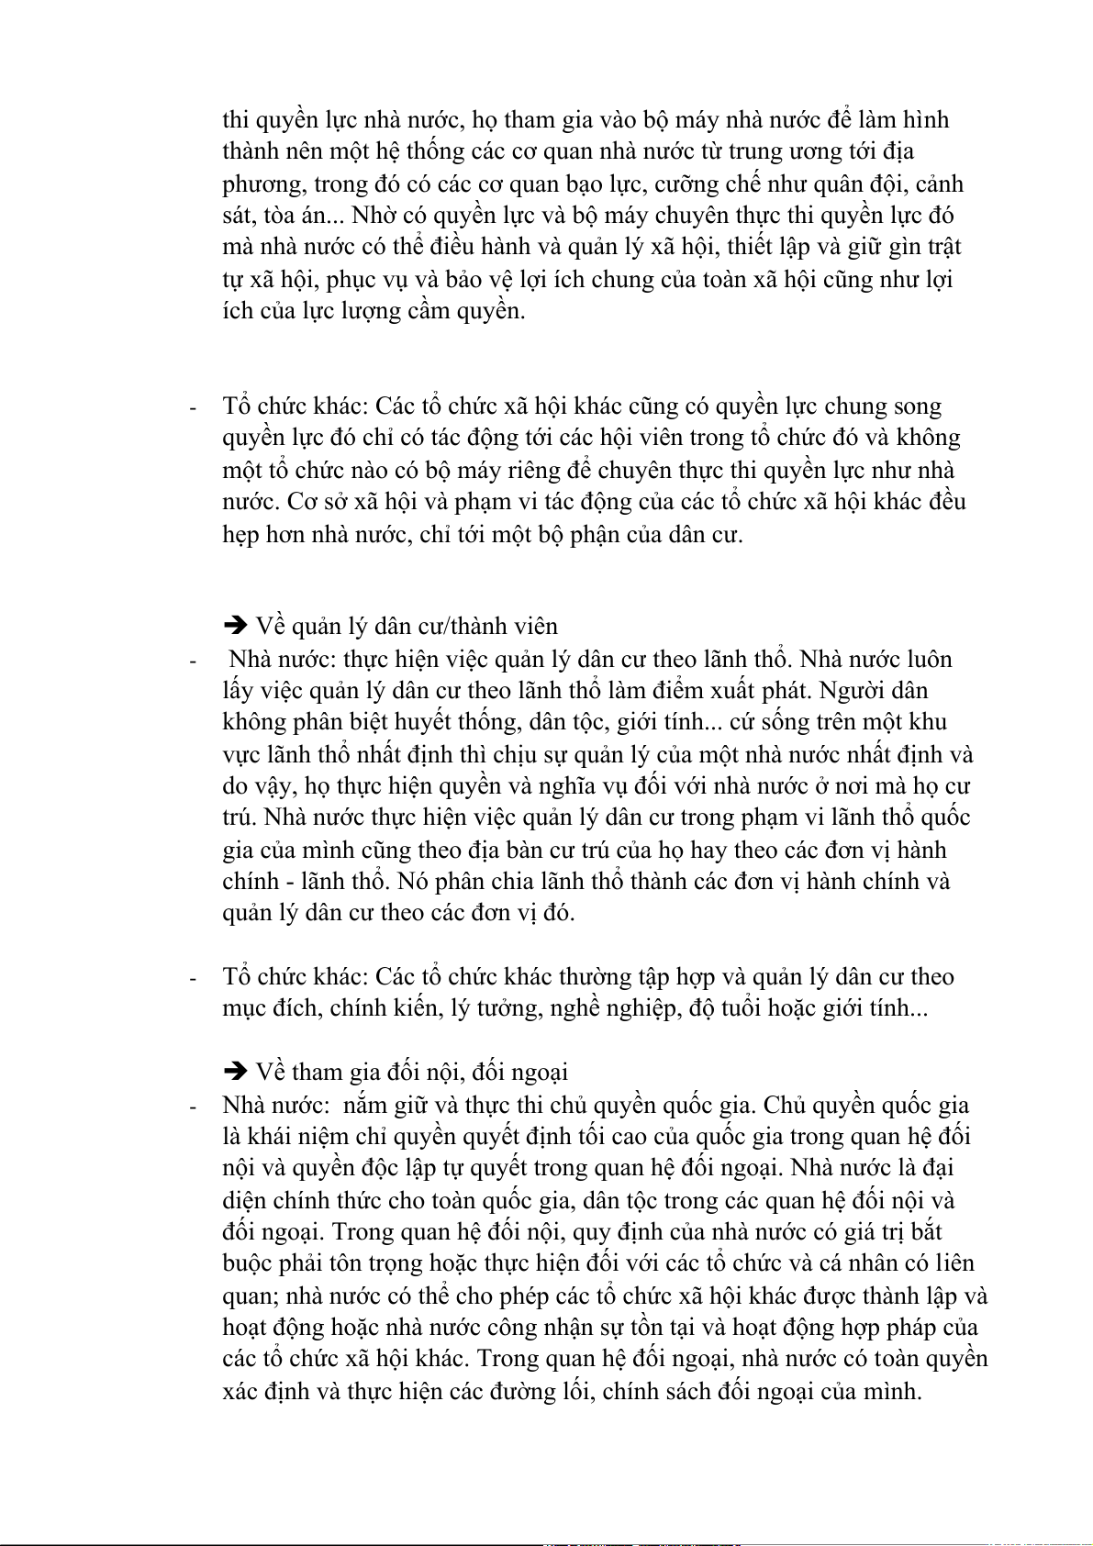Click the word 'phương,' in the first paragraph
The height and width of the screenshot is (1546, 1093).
pos(264,184)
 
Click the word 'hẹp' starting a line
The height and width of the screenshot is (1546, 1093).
pos(241,535)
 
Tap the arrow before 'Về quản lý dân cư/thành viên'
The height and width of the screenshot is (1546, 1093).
pos(236,627)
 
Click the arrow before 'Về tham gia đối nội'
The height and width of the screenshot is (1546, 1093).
pos(236,1072)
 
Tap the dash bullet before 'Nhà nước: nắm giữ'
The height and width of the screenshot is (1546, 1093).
pos(193,1107)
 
